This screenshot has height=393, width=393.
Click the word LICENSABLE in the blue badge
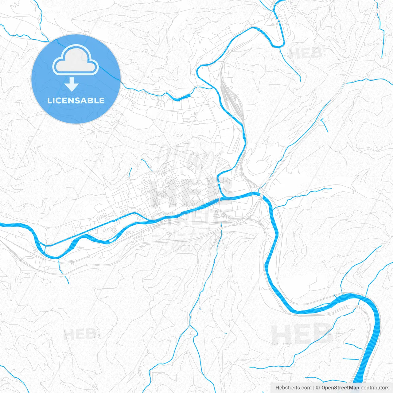pyautogui.click(x=76, y=100)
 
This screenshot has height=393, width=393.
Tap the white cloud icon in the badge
pyautogui.click(x=76, y=60)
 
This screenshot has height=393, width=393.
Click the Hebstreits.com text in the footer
pyautogui.click(x=294, y=388)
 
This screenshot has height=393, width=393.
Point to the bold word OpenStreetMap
pyautogui.click(x=340, y=388)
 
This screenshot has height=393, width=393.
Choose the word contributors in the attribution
pyautogui.click(x=375, y=388)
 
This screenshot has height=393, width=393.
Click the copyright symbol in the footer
pyautogui.click(x=318, y=388)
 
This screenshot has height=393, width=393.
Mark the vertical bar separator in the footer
pyautogui.click(x=314, y=388)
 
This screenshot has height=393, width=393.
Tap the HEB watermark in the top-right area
pyautogui.click(x=306, y=53)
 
